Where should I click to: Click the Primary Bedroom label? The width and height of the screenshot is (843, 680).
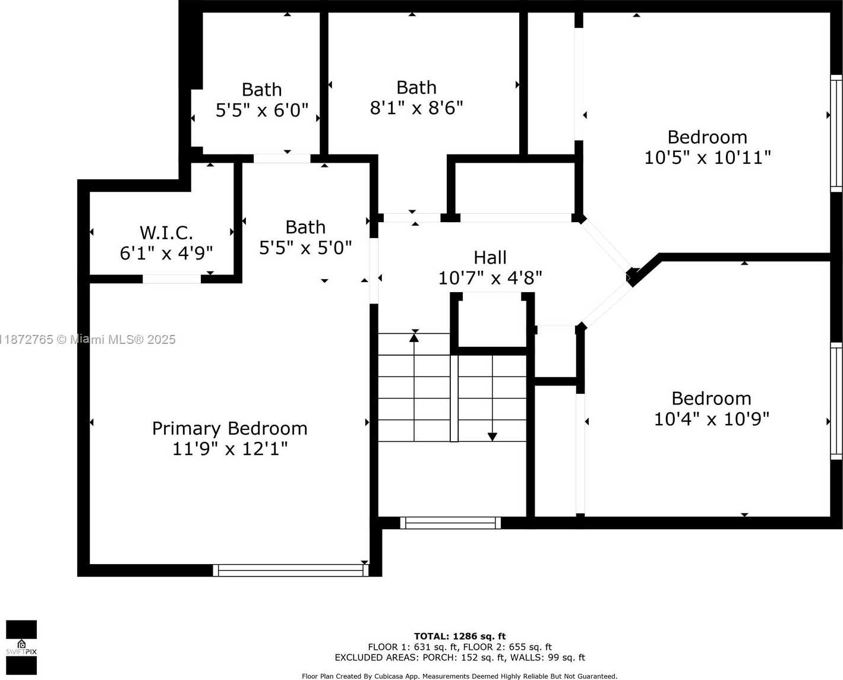[x=229, y=429]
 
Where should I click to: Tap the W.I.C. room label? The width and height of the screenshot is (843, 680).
[x=166, y=233]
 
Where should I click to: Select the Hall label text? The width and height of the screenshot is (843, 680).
[x=490, y=258]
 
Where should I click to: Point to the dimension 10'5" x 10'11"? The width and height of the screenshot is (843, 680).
[x=708, y=158]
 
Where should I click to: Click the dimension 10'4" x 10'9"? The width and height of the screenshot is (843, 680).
[x=711, y=419]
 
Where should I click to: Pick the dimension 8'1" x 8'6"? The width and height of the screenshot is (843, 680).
[x=416, y=107]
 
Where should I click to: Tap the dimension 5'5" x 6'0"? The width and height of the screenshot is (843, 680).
[x=262, y=110]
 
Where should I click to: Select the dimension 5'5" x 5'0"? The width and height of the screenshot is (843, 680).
[x=305, y=248]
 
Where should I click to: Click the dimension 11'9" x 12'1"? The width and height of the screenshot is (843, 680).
[x=230, y=449]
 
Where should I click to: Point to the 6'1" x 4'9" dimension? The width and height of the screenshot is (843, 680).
[x=166, y=254]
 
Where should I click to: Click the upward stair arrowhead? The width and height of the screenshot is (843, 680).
[x=414, y=337]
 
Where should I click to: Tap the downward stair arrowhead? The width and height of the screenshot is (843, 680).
[x=492, y=437]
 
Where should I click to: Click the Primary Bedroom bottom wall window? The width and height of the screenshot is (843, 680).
[x=291, y=570]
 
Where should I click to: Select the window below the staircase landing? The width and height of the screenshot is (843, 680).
[x=450, y=523]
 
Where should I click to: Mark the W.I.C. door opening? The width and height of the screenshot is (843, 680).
[x=172, y=279]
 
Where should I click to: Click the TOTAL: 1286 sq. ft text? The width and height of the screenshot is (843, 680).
[x=460, y=637]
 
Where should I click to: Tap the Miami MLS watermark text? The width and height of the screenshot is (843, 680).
[x=88, y=340]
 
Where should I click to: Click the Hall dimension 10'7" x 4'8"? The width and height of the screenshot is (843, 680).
[x=490, y=278]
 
